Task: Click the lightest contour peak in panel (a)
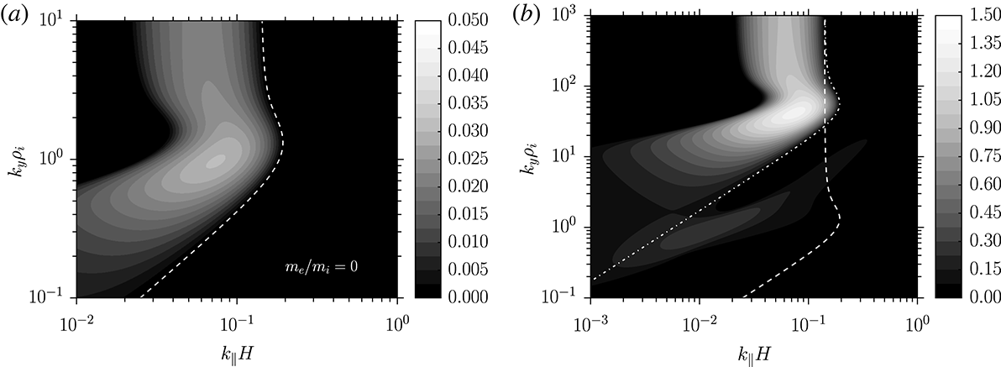tap(216, 160)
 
